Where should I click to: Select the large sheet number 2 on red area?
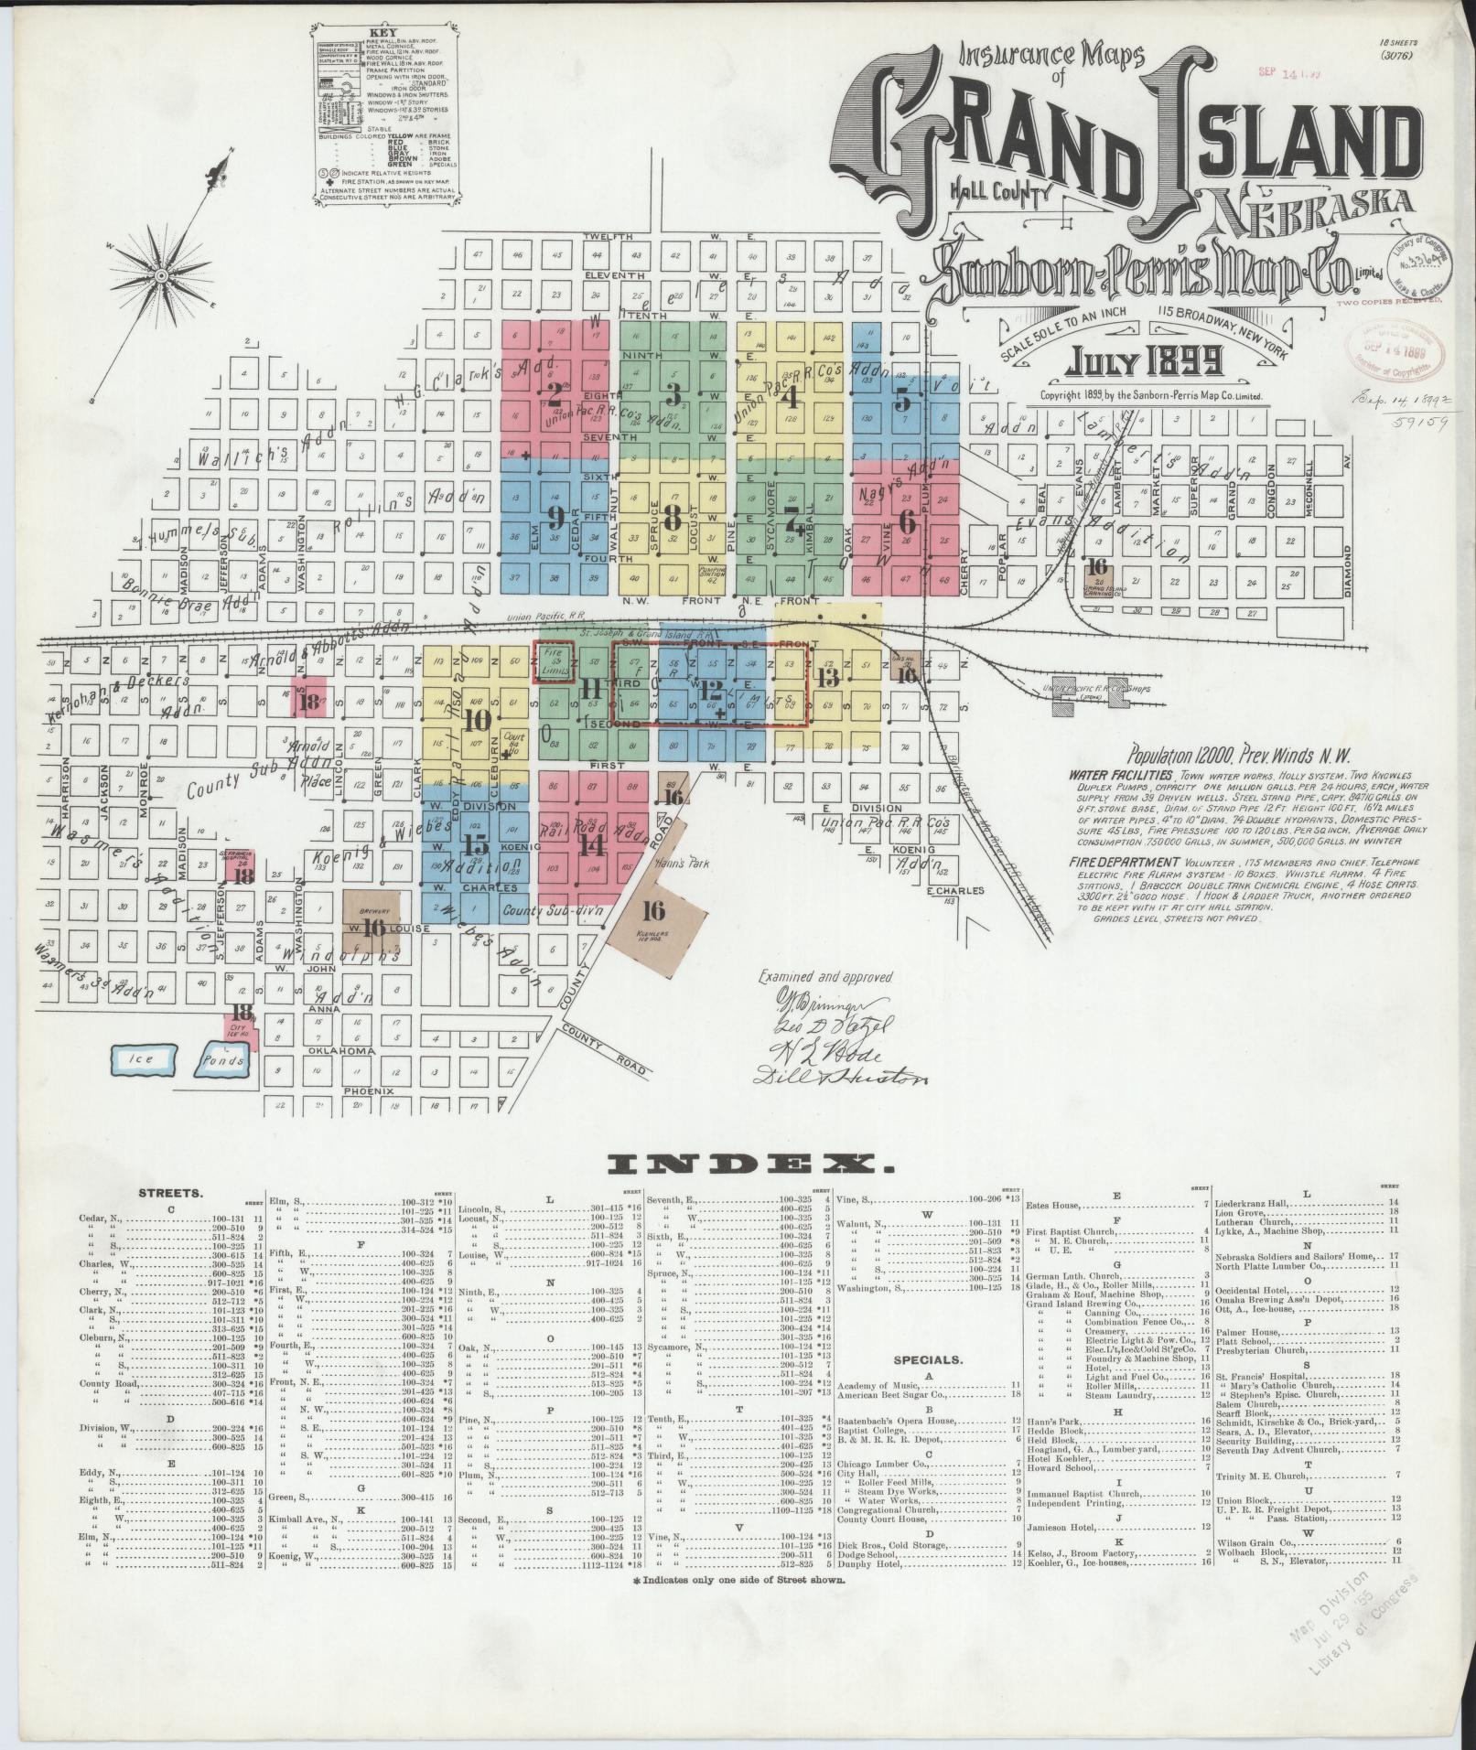[x=554, y=395]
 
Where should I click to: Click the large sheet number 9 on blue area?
[x=555, y=519]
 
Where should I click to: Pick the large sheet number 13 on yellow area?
[x=828, y=678]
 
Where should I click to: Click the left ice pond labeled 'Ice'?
[x=144, y=1058]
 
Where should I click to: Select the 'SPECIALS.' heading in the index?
[x=929, y=1359]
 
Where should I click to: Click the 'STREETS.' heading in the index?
[x=171, y=1194]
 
